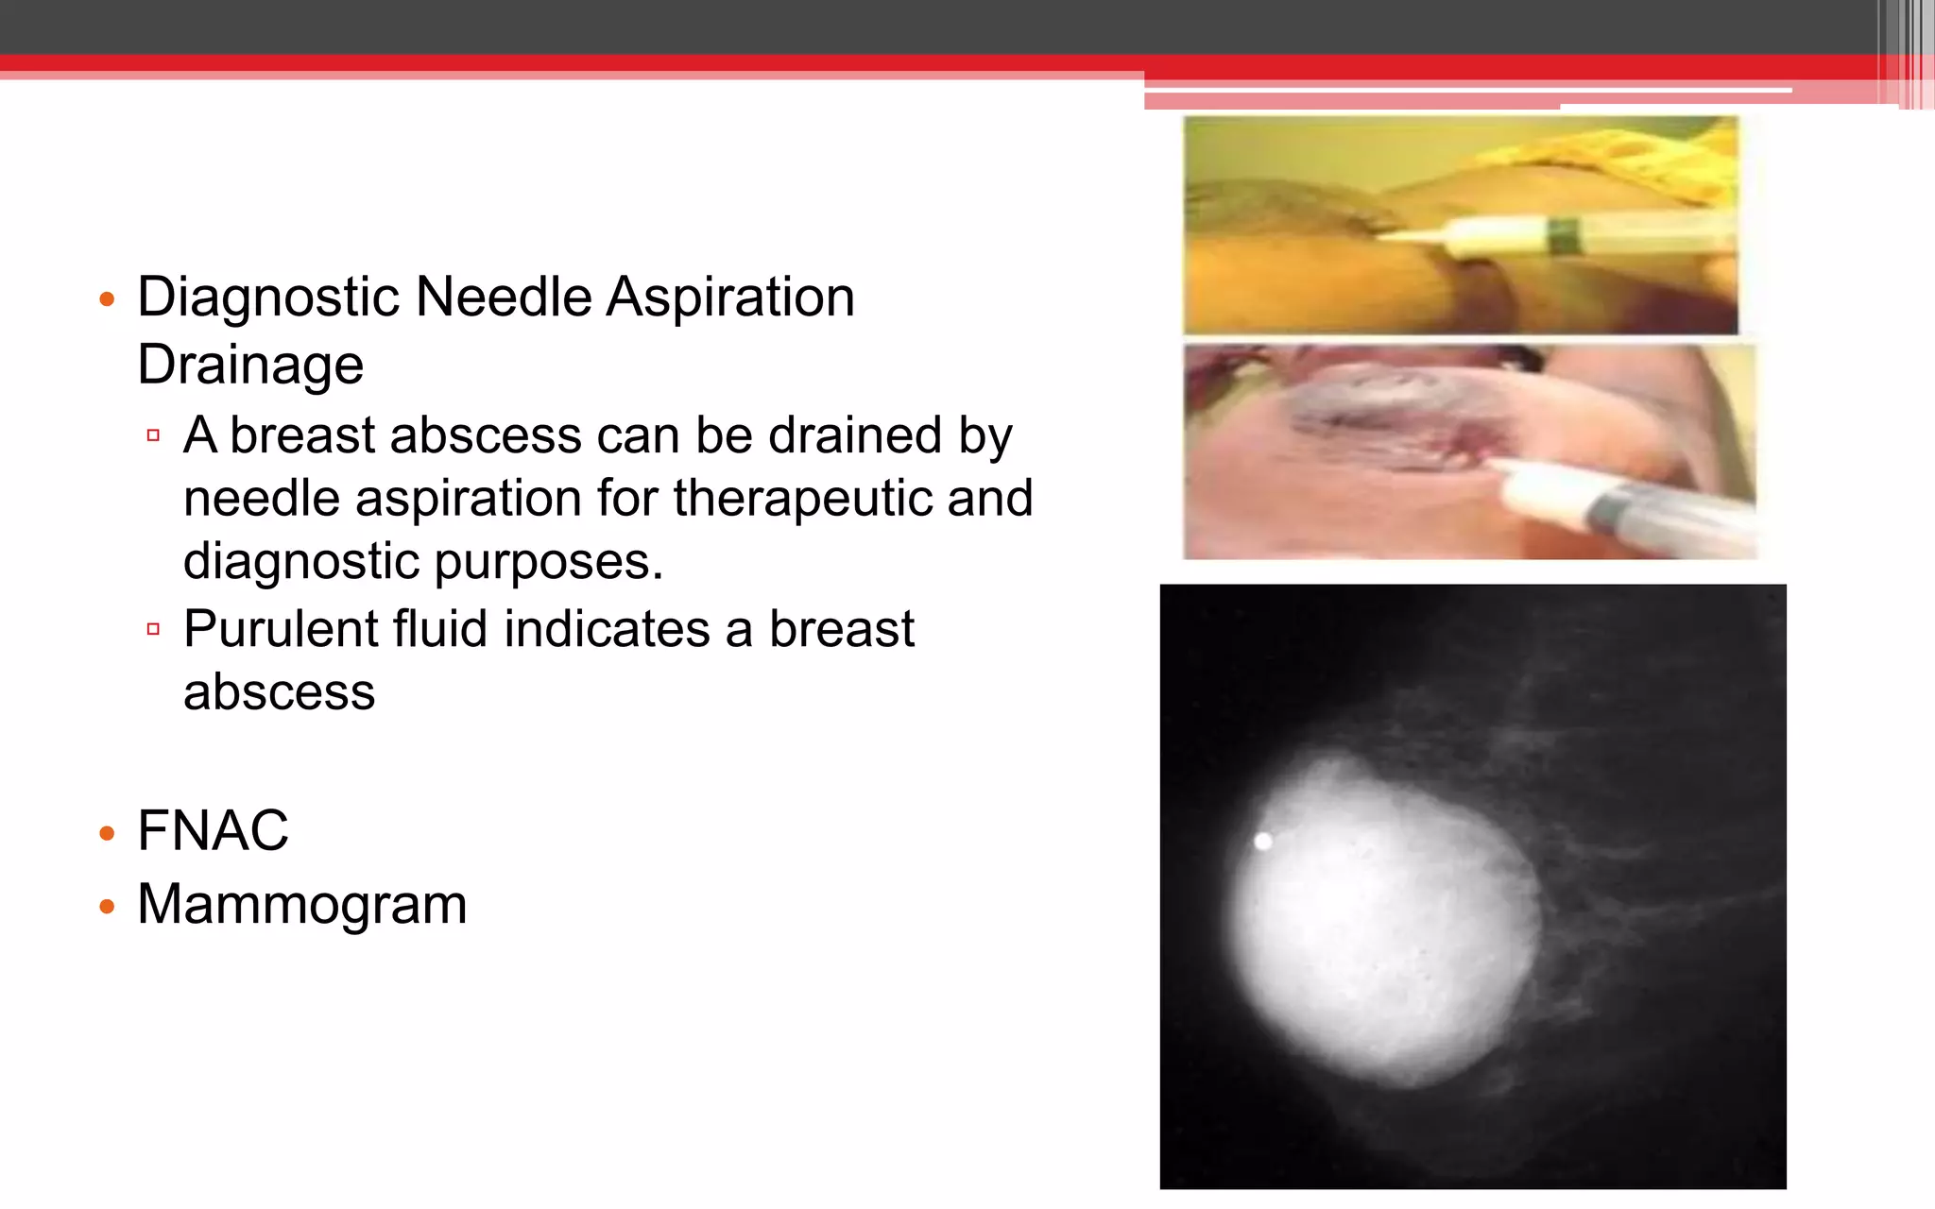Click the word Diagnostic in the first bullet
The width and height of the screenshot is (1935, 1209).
click(x=268, y=298)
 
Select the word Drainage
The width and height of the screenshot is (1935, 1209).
click(x=250, y=366)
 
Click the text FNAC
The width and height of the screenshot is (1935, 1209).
click(x=213, y=831)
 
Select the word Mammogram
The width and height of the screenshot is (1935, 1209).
click(x=302, y=905)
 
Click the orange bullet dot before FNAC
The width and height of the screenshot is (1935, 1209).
click(x=107, y=834)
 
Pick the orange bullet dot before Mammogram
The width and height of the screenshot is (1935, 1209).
click(x=107, y=908)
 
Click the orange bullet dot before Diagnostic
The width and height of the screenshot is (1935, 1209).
click(x=107, y=300)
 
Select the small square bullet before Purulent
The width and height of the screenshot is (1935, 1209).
click(x=153, y=629)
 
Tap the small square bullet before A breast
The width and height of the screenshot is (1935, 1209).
click(x=153, y=435)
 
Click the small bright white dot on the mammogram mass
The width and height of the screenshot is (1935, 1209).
click(x=1263, y=841)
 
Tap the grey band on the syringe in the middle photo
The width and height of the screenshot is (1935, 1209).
click(x=1606, y=510)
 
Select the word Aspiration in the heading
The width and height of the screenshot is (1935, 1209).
click(x=730, y=298)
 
